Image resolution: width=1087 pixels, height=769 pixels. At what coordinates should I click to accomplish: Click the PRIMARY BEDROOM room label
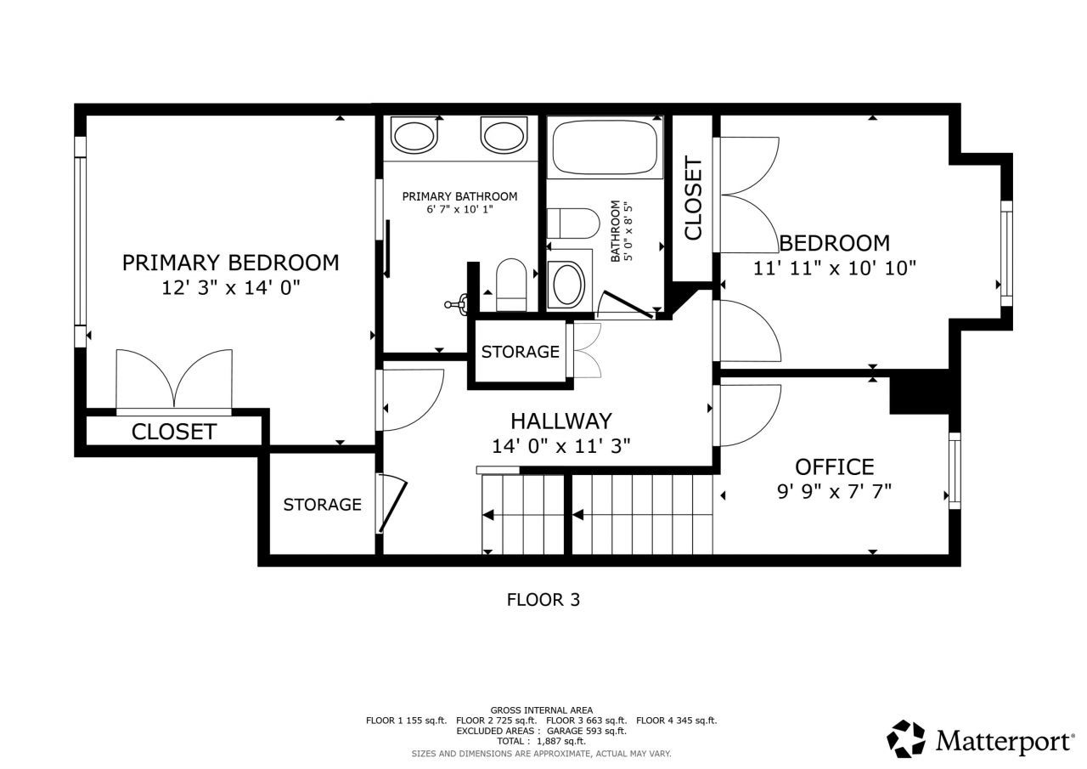[230, 263]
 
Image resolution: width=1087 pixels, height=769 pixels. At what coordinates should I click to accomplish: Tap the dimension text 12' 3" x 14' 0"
[231, 288]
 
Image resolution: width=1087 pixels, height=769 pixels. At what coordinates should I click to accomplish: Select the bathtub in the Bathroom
[605, 147]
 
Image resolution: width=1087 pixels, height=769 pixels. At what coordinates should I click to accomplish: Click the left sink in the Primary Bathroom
[414, 136]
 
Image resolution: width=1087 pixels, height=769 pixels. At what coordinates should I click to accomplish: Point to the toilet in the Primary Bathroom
[512, 285]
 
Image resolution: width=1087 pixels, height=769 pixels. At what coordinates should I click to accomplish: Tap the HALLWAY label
[560, 421]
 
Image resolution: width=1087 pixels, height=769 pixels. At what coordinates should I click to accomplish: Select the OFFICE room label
[834, 466]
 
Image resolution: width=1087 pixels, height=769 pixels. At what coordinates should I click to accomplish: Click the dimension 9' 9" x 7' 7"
[834, 490]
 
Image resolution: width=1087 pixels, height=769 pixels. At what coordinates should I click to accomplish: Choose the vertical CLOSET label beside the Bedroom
[693, 199]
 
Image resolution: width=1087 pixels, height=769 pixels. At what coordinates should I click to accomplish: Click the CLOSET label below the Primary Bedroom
[173, 432]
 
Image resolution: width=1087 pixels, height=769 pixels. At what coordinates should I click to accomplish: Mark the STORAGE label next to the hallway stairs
[322, 505]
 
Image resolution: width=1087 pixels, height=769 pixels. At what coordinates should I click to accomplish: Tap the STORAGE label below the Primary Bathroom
[520, 352]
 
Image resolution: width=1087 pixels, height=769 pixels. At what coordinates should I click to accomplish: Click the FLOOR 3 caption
[543, 599]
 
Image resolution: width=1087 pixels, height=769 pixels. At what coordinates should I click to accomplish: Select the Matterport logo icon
[906, 738]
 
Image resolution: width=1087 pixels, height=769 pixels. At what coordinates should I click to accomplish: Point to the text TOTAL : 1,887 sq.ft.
[541, 741]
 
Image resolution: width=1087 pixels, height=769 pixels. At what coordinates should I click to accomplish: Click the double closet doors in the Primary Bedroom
[174, 378]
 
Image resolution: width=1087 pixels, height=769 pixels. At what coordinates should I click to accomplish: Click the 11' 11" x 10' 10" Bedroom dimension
[834, 269]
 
